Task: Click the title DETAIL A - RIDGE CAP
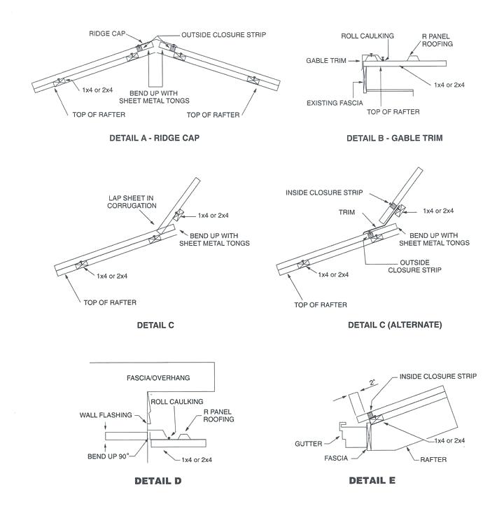(154, 138)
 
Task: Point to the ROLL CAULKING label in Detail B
(367, 36)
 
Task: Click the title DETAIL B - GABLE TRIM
(394, 138)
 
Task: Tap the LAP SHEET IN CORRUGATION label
(131, 202)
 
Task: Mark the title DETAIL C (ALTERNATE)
(395, 325)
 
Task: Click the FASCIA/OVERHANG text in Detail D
(158, 378)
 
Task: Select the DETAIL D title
(158, 482)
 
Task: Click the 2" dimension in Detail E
(373, 383)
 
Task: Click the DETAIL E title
(372, 481)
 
